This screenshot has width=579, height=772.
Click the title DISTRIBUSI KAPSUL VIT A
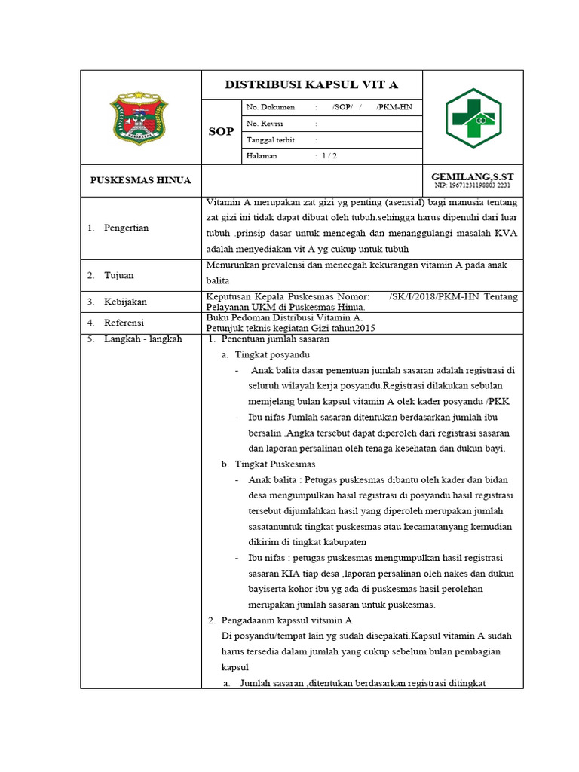[311, 84]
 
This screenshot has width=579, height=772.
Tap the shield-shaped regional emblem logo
[141, 117]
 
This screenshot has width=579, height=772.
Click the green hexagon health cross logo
[472, 118]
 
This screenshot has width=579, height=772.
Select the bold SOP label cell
[221, 132]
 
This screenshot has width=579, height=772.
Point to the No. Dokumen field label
[271, 107]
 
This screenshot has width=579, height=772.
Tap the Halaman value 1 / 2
[329, 156]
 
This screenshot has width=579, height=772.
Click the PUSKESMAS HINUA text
[141, 181]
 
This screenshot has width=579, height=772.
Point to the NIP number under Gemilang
[473, 185]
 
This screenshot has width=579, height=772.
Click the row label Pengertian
[126, 228]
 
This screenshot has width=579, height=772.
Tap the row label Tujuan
[118, 276]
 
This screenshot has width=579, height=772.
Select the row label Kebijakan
[125, 302]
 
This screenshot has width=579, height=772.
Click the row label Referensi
[124, 323]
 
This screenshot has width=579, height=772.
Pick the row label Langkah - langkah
[142, 339]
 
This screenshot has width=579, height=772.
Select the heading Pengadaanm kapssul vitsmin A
[286, 620]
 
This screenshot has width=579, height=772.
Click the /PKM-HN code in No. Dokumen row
[394, 107]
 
